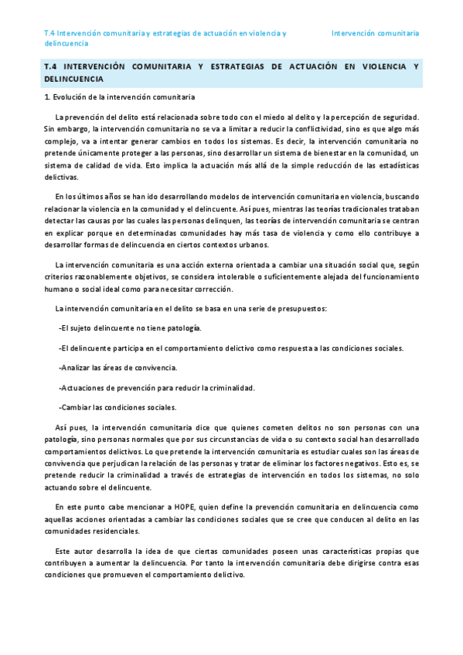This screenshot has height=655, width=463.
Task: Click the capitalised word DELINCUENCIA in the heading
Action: (73, 80)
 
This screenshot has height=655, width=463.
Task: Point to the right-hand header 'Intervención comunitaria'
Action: (375, 34)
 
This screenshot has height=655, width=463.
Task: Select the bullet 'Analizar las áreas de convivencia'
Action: (118, 368)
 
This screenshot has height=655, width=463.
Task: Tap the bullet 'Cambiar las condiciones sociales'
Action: (117, 407)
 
